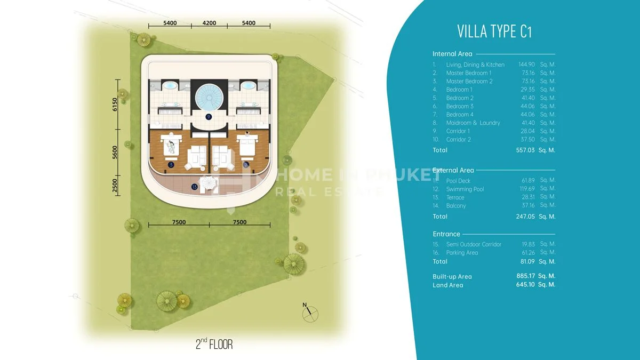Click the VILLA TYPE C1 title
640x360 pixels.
tap(494, 31)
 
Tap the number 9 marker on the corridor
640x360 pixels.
tap(209, 117)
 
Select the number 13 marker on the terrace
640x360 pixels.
tap(195, 187)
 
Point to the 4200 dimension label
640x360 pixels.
tap(209, 23)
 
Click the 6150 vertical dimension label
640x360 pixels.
tap(115, 105)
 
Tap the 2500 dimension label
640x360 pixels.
tap(115, 186)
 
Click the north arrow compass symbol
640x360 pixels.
tap(310, 314)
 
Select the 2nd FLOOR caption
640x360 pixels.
tap(214, 344)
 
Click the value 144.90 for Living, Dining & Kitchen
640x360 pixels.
tap(526, 65)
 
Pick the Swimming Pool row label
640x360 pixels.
tap(465, 189)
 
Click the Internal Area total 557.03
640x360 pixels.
tap(525, 150)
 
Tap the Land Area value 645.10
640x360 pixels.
tap(525, 285)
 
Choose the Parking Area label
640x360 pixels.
tap(462, 253)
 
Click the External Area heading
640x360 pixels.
tap(453, 170)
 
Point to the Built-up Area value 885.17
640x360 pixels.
tap(525, 276)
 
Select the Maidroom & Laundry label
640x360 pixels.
tap(473, 123)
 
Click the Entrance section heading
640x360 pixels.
tap(446, 234)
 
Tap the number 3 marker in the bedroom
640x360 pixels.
tap(171, 165)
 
